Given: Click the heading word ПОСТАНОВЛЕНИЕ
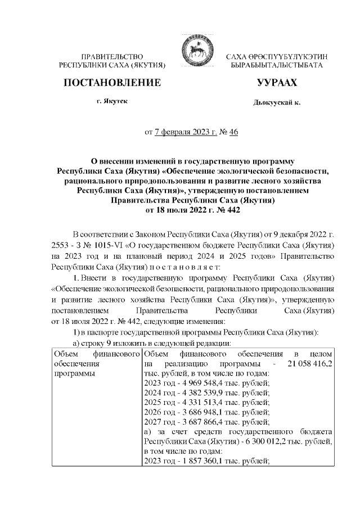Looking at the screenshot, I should [112, 83].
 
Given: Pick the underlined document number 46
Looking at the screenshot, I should [233, 132].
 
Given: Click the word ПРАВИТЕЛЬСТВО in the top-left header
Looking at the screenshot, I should [112, 57].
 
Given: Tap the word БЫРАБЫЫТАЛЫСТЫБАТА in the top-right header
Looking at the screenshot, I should [277, 65].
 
